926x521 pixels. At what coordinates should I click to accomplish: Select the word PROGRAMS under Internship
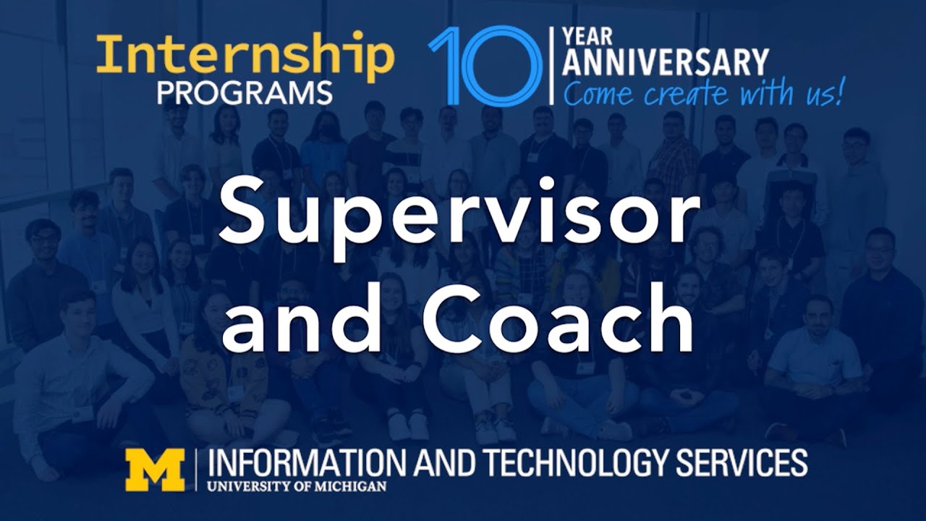(x=245, y=93)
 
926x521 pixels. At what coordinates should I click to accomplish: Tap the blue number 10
(x=485, y=67)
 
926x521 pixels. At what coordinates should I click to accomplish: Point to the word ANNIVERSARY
(x=665, y=63)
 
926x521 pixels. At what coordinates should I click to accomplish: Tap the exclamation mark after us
(x=839, y=93)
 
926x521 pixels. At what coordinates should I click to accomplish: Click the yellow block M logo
(x=155, y=470)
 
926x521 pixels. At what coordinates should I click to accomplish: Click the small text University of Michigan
(x=297, y=486)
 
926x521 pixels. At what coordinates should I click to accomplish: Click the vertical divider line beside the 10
(x=552, y=66)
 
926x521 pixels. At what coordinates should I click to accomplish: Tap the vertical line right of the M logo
(x=195, y=470)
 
